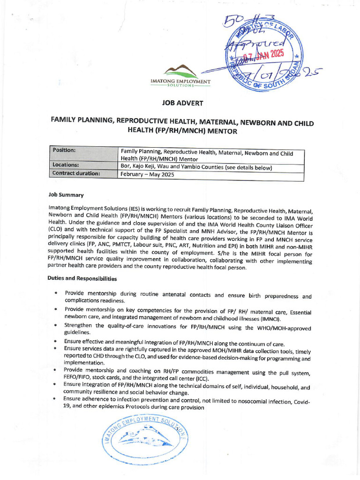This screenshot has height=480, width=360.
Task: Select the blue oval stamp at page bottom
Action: pyautogui.click(x=143, y=439)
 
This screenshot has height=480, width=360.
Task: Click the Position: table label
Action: pyautogui.click(x=64, y=150)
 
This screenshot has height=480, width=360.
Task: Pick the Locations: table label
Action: pyautogui.click(x=66, y=165)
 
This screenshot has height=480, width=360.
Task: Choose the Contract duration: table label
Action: pyautogui.click(x=76, y=173)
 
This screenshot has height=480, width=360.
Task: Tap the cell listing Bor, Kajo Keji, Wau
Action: pyautogui.click(x=196, y=167)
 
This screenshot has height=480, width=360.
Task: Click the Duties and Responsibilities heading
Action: pyautogui.click(x=82, y=278)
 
